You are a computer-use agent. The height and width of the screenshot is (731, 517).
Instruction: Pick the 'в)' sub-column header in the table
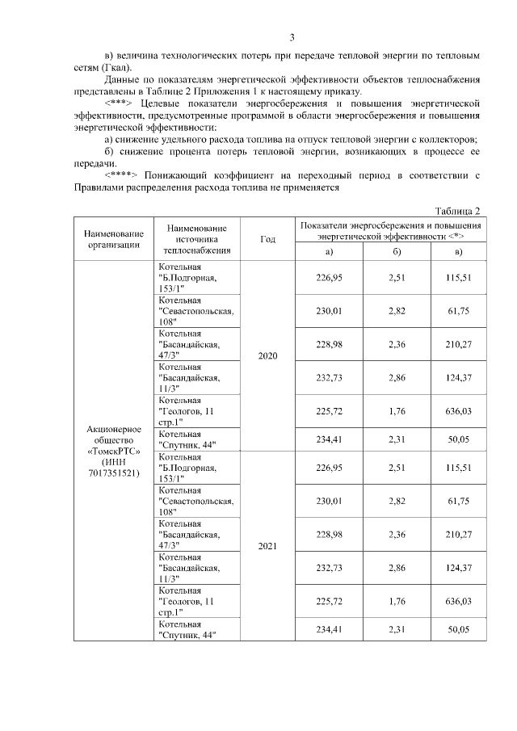(x=459, y=251)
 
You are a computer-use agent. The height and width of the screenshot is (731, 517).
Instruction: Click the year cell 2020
(x=267, y=356)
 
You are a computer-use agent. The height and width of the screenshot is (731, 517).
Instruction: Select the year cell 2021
(x=267, y=546)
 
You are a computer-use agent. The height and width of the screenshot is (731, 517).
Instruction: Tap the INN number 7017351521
(x=114, y=473)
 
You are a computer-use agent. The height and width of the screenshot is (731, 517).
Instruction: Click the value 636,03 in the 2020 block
(x=459, y=410)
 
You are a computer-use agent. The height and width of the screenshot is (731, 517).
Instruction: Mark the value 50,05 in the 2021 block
(x=459, y=629)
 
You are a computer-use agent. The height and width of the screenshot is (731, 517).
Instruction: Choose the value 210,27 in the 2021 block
(x=459, y=534)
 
